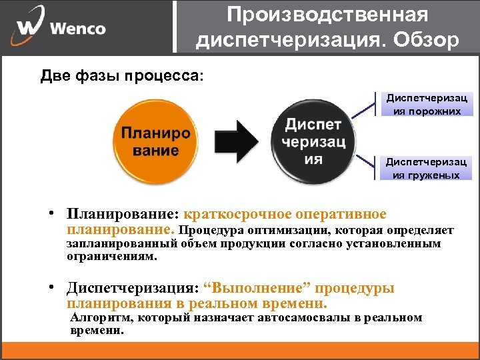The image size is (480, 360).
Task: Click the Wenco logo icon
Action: (x=27, y=27)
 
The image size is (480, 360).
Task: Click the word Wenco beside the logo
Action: (x=77, y=29)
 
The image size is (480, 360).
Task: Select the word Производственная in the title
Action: (x=327, y=14)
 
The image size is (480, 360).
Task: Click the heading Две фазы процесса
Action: (x=123, y=75)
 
